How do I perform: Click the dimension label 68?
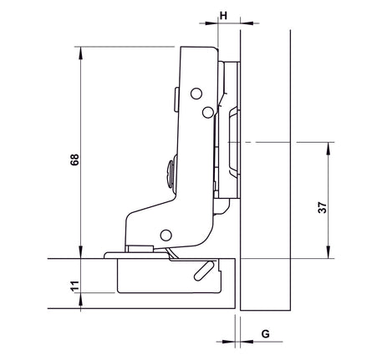click(74, 160)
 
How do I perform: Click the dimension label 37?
click(323, 207)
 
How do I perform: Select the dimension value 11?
click(75, 286)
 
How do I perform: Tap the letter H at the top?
click(223, 16)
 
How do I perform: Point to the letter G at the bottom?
click(266, 333)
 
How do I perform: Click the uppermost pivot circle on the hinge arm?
click(196, 94)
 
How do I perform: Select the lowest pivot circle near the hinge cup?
click(166, 236)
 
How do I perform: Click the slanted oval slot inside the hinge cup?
click(205, 271)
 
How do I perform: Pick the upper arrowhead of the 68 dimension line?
click(81, 53)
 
